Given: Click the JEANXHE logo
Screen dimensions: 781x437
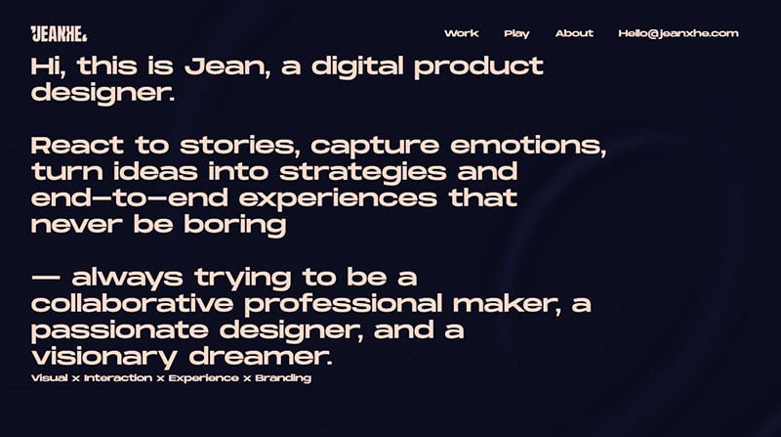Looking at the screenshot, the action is tap(59, 33).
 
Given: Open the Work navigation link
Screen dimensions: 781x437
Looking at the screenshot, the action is tap(461, 33).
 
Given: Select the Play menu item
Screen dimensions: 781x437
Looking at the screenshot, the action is tap(516, 34).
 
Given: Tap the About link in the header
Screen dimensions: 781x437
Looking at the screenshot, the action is tap(574, 33).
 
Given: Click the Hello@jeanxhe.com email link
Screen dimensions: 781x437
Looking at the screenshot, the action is tap(678, 33).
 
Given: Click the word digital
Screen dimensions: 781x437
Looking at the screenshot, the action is tap(357, 67).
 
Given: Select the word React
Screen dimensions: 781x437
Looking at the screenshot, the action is tap(77, 146).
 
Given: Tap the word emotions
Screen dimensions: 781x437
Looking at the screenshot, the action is tap(528, 146).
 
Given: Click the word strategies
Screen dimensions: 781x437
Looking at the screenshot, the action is tap(362, 173).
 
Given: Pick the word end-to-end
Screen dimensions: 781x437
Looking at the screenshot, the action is tap(130, 198).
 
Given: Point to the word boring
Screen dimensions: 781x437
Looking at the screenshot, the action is tap(235, 225).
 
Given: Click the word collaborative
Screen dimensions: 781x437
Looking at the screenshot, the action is tap(132, 304).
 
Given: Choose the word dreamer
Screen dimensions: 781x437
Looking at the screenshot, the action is tap(261, 357).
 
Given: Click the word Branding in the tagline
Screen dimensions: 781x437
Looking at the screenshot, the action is tap(283, 378).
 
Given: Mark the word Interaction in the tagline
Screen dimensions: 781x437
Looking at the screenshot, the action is tap(118, 377).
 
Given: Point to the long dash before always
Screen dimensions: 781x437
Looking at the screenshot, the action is tap(45, 278).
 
